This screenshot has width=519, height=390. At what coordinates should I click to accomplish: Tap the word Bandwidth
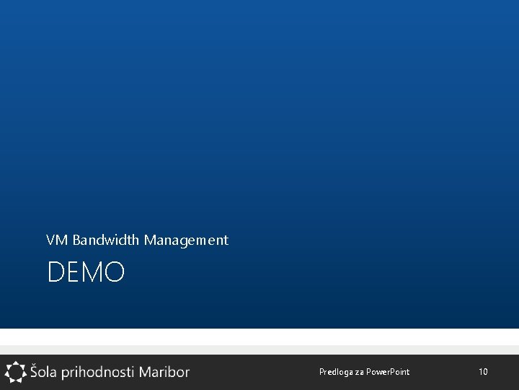click(x=107, y=240)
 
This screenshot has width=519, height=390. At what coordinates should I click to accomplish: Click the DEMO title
click(x=86, y=273)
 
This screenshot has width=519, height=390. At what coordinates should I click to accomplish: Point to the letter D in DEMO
click(x=55, y=273)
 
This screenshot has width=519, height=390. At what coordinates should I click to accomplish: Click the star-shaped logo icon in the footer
click(x=15, y=372)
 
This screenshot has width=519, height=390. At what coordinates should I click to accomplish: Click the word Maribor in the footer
click(x=164, y=372)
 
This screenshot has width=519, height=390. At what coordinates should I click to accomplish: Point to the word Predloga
click(x=335, y=372)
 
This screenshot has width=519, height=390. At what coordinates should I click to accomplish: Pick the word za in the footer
click(x=359, y=373)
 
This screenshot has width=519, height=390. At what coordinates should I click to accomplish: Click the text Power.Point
click(x=388, y=372)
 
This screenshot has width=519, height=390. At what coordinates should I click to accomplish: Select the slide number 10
click(x=483, y=372)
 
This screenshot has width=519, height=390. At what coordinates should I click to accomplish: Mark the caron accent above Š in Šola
click(x=35, y=363)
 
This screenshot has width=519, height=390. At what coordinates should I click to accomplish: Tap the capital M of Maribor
click(x=146, y=372)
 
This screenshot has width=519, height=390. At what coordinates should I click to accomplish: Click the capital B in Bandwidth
click(x=76, y=240)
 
